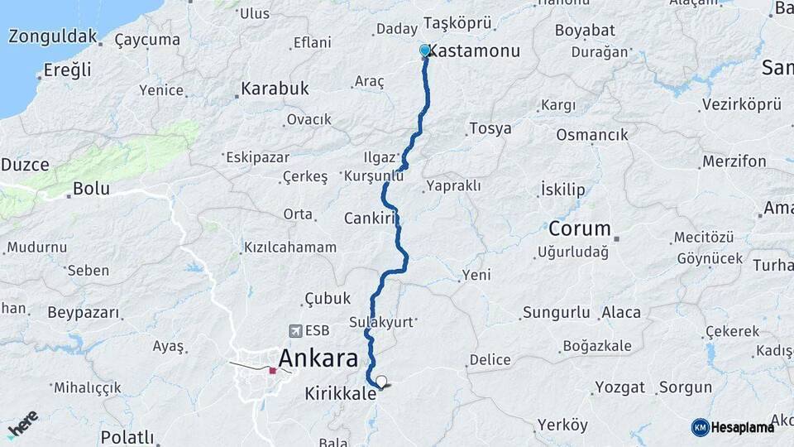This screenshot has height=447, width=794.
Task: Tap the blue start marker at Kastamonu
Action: click(x=425, y=50)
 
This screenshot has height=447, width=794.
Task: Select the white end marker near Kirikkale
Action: click(x=381, y=382)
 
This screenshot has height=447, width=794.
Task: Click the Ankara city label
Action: click(x=318, y=358)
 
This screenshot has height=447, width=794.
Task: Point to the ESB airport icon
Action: click(x=296, y=330)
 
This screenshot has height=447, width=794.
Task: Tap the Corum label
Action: click(x=580, y=228)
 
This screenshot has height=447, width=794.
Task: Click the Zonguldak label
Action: click(x=53, y=37)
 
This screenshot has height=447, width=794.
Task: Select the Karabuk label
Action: click(x=275, y=88)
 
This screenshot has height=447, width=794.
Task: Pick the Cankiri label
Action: click(x=371, y=219)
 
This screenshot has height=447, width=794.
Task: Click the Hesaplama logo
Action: click(x=733, y=427)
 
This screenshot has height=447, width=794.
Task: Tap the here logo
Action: click(x=22, y=423)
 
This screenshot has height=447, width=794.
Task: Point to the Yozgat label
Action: click(x=619, y=387)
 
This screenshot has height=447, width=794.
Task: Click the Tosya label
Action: click(x=490, y=128)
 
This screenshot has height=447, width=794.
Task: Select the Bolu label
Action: click(x=91, y=188)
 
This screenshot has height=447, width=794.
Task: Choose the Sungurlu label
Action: click(x=556, y=313)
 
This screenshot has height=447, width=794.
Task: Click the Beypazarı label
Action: click(x=84, y=312)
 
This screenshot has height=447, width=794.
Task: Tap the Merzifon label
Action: click(x=734, y=161)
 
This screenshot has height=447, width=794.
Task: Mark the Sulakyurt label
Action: click(x=380, y=322)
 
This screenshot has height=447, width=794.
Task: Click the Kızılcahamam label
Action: click(x=289, y=247)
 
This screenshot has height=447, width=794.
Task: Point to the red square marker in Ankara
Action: click(x=272, y=370)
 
